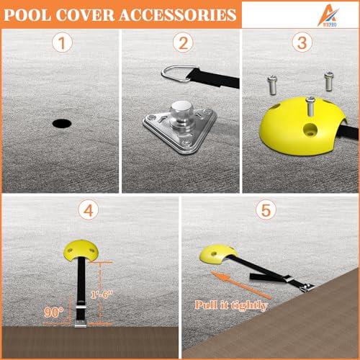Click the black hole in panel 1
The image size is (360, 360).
point(62,123)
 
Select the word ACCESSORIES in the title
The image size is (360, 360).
point(180,14)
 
